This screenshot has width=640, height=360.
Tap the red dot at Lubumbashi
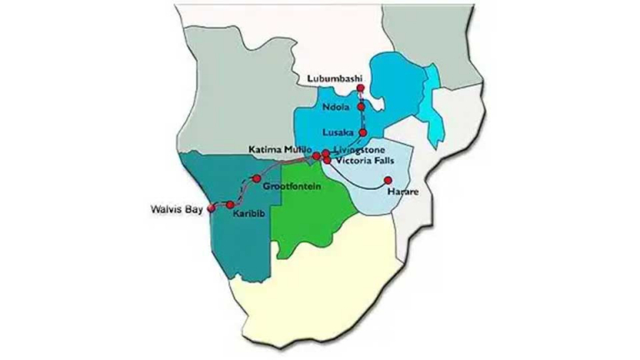(360, 88)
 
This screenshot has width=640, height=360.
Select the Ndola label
(337, 107)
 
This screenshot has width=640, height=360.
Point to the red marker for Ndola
(362, 107)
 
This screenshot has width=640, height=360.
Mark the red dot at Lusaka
(362, 133)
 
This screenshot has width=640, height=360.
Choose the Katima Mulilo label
(279, 148)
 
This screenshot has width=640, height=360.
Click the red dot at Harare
(387, 180)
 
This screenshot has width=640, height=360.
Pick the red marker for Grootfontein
(257, 177)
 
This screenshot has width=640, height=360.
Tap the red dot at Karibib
(231, 204)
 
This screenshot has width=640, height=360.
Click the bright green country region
(312, 217)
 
